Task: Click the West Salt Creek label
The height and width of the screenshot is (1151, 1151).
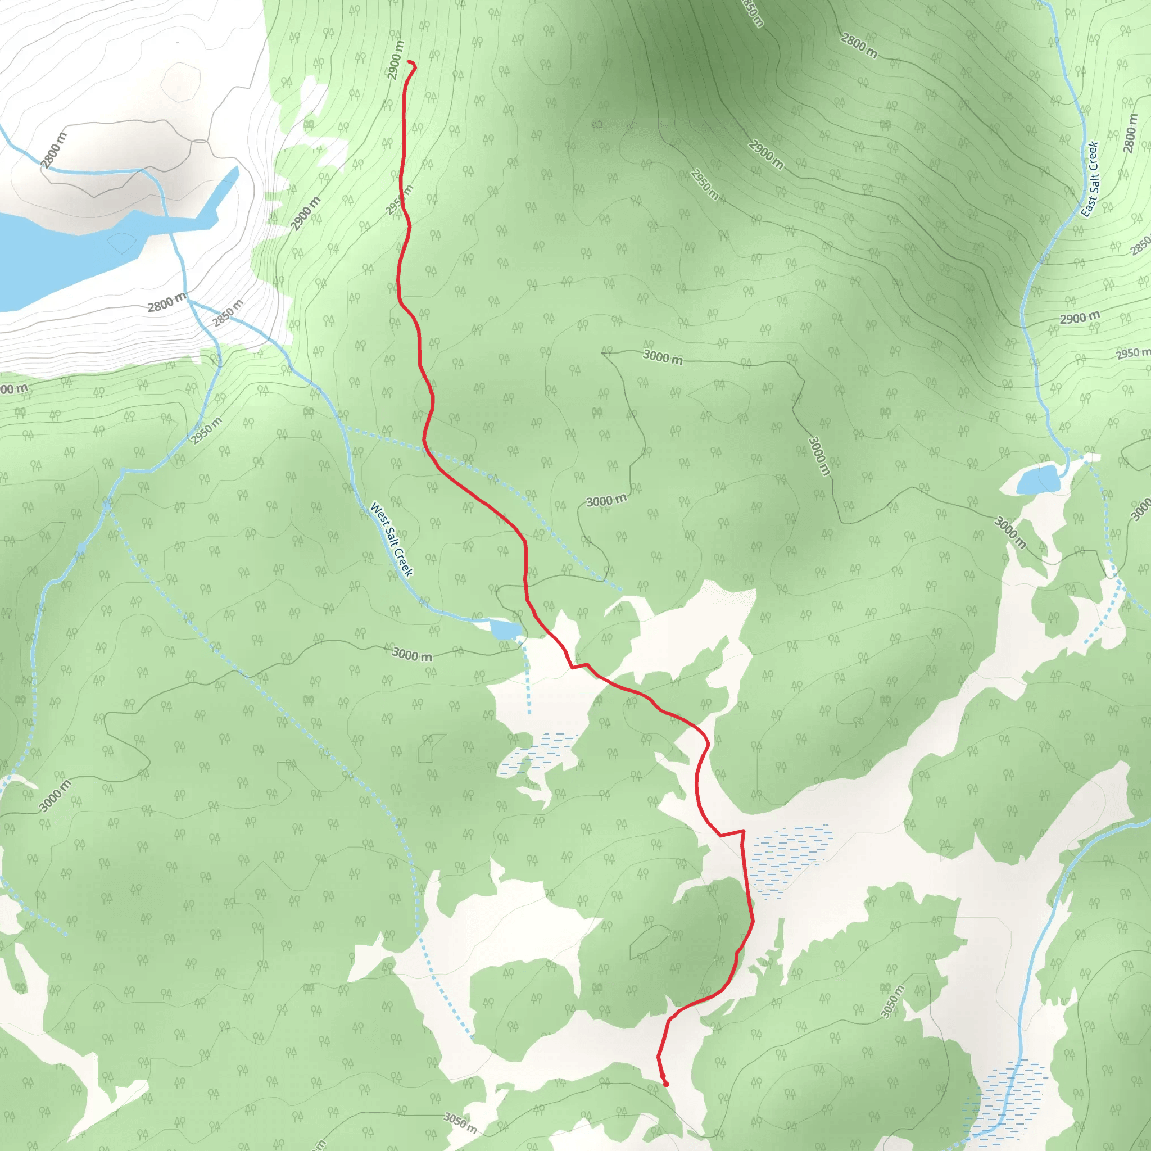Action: [x=391, y=540]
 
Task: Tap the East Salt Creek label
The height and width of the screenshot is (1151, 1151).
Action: [x=1090, y=179]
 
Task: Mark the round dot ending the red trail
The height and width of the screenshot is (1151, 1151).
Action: [x=665, y=1084]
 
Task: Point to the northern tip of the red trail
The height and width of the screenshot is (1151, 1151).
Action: [x=409, y=61]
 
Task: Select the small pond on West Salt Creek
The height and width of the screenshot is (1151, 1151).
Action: [x=505, y=629]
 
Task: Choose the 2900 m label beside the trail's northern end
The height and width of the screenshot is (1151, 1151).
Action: [x=395, y=60]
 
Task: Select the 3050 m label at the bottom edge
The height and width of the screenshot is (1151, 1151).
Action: [x=460, y=1122]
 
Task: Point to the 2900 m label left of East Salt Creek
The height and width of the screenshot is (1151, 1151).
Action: [x=1080, y=318]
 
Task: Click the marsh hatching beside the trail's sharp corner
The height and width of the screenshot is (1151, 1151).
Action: [x=790, y=858]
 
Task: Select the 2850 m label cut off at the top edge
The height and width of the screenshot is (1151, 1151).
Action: [x=753, y=12]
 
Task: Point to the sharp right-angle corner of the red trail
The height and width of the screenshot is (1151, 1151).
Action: [x=743, y=831]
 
